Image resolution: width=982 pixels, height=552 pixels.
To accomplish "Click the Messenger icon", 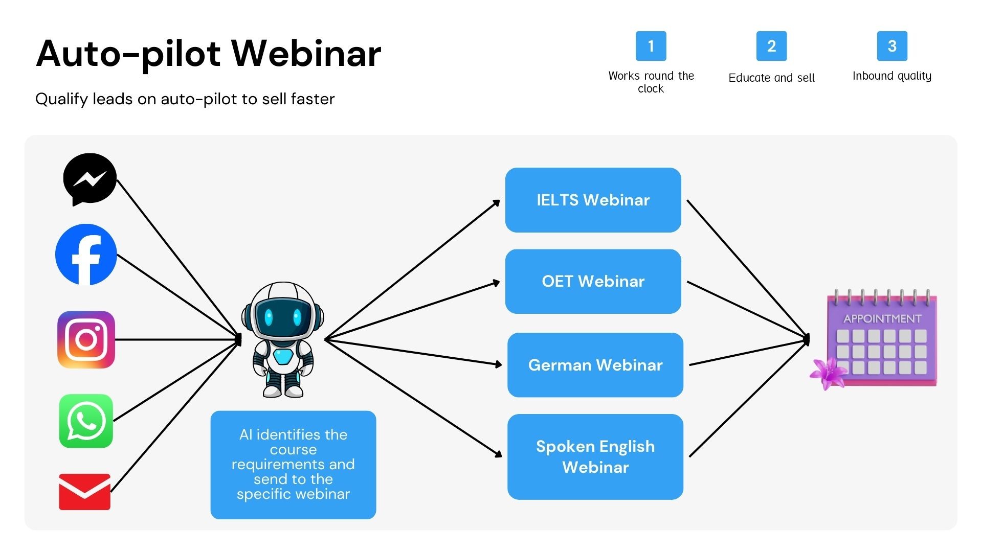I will pyautogui.click(x=90, y=179).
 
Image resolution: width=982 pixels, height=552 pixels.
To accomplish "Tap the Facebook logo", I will pyautogui.click(x=86, y=254).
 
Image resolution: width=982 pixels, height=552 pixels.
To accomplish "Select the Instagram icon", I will pyautogui.click(x=86, y=339).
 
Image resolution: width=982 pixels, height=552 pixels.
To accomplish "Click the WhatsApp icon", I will pyautogui.click(x=86, y=421).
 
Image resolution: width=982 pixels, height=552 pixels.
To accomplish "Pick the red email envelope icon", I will pyautogui.click(x=85, y=492).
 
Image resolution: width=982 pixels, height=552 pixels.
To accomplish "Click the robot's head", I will pyautogui.click(x=282, y=312).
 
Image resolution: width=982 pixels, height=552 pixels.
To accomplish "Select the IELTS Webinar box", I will pyautogui.click(x=593, y=200).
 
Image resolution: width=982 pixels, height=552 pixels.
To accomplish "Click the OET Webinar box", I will pyautogui.click(x=593, y=281).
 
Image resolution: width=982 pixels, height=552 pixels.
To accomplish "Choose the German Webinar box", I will pyautogui.click(x=595, y=365).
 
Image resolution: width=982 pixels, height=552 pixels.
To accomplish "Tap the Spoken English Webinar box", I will pyautogui.click(x=595, y=456).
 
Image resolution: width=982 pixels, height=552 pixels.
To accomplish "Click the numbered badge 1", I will pyautogui.click(x=651, y=46).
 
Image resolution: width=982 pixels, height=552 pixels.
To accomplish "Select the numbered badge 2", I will pyautogui.click(x=771, y=46).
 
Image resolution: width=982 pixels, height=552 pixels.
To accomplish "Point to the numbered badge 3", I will pyautogui.click(x=892, y=46).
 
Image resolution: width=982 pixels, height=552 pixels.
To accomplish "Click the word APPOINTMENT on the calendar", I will pyautogui.click(x=882, y=319).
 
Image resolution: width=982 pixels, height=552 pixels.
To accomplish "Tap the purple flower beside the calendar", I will pyautogui.click(x=827, y=374).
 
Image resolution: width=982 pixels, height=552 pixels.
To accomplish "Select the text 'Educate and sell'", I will pyautogui.click(x=771, y=78).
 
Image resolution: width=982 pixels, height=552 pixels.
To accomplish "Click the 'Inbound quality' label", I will pyautogui.click(x=891, y=76).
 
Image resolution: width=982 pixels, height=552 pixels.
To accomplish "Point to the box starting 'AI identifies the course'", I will pyautogui.click(x=293, y=464).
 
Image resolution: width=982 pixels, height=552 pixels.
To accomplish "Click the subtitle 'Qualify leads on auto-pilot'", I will pyautogui.click(x=185, y=99).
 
